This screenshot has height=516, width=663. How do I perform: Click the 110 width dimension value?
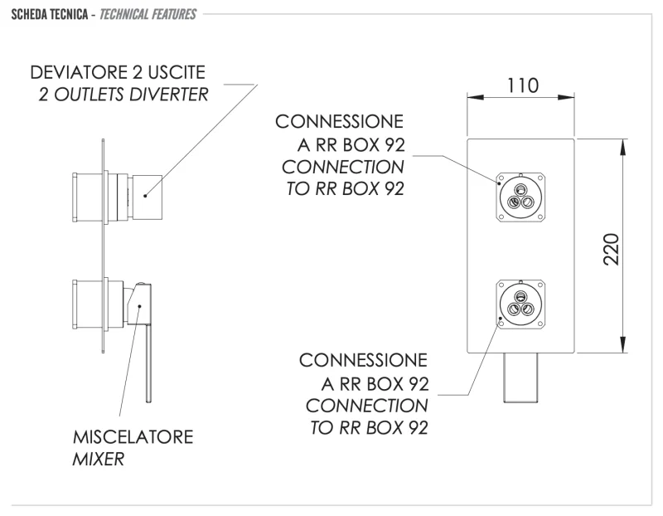521,86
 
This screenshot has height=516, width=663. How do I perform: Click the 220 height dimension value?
611,247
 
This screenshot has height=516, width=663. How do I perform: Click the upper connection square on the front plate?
520,196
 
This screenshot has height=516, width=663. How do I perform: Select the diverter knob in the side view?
149,197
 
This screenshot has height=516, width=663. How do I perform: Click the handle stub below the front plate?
520,376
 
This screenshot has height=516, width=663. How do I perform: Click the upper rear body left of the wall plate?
88,197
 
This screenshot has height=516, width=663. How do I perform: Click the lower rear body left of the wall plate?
88,304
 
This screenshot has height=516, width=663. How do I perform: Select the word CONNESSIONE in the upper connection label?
340,122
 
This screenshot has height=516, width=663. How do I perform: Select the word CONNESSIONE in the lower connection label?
364,362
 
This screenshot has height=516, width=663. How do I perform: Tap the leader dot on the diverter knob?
144,197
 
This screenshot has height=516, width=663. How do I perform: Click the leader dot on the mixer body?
139,306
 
